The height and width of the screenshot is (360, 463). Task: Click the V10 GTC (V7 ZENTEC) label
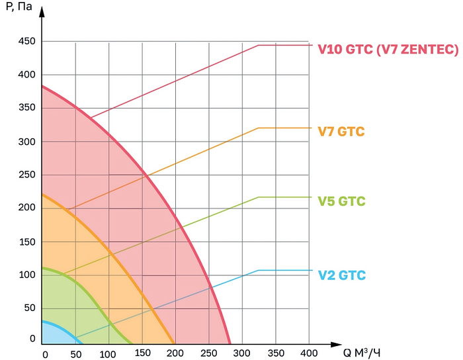[x=388, y=50]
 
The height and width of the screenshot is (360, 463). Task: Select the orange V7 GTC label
[x=341, y=132]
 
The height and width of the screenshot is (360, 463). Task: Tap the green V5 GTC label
[x=341, y=201]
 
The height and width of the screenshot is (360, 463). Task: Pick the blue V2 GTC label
[x=341, y=275]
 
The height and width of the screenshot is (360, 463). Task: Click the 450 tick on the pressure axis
[x=25, y=42]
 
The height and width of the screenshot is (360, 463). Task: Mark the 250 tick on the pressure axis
[x=25, y=175]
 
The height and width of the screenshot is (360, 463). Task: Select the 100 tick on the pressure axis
[x=25, y=275]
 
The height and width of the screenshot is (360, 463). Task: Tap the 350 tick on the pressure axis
[x=25, y=108]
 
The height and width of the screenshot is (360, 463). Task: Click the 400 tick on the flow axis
[x=309, y=354]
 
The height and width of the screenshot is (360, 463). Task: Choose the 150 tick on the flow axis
[x=142, y=354]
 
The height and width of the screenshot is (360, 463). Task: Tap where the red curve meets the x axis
[x=230, y=343]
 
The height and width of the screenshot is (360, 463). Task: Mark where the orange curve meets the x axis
[x=175, y=343]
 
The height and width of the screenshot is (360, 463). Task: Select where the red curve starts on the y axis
[x=42, y=86]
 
